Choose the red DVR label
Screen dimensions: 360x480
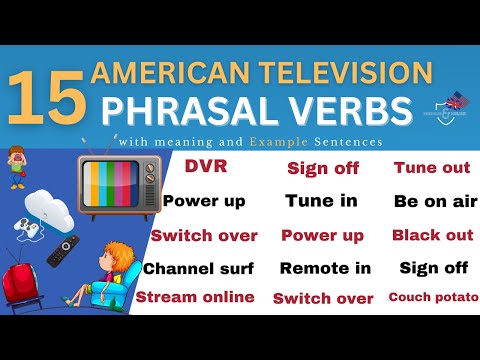pyautogui.click(x=204, y=168)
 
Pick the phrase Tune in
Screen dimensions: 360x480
pyautogui.click(x=321, y=201)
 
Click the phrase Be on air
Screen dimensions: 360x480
pyautogui.click(x=435, y=201)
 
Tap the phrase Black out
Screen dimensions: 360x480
pyautogui.click(x=432, y=235)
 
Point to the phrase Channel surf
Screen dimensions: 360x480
pyautogui.click(x=198, y=269)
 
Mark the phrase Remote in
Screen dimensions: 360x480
pyautogui.click(x=325, y=268)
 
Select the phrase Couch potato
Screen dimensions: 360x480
pyautogui.click(x=433, y=297)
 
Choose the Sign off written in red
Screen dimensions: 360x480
pyautogui.click(x=323, y=168)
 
